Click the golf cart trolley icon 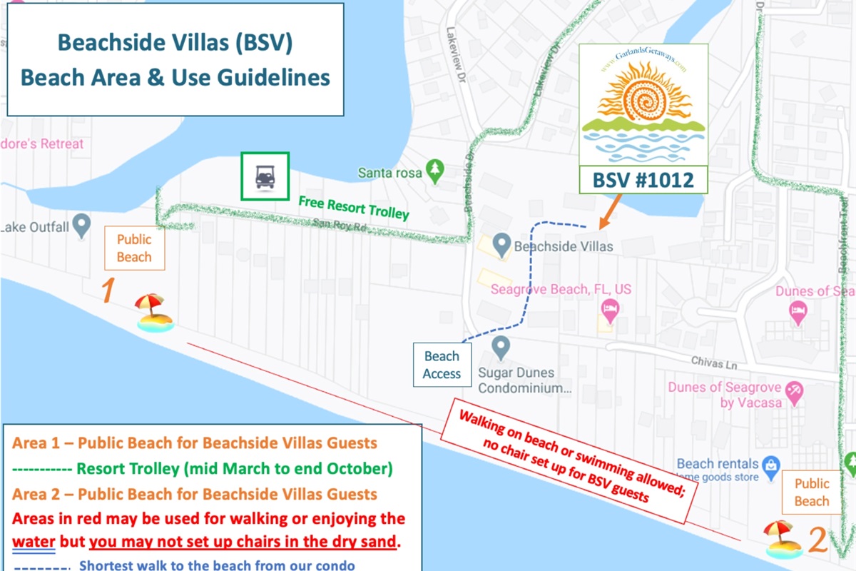(265, 176)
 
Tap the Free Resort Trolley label (354, 208)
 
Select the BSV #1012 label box (643, 179)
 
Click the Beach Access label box (442, 365)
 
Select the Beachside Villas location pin (503, 246)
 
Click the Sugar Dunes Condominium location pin (501, 348)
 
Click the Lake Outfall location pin (82, 226)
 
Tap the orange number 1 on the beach (108, 291)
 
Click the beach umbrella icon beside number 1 (153, 313)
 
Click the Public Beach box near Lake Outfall (134, 248)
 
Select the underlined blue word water (34, 541)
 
